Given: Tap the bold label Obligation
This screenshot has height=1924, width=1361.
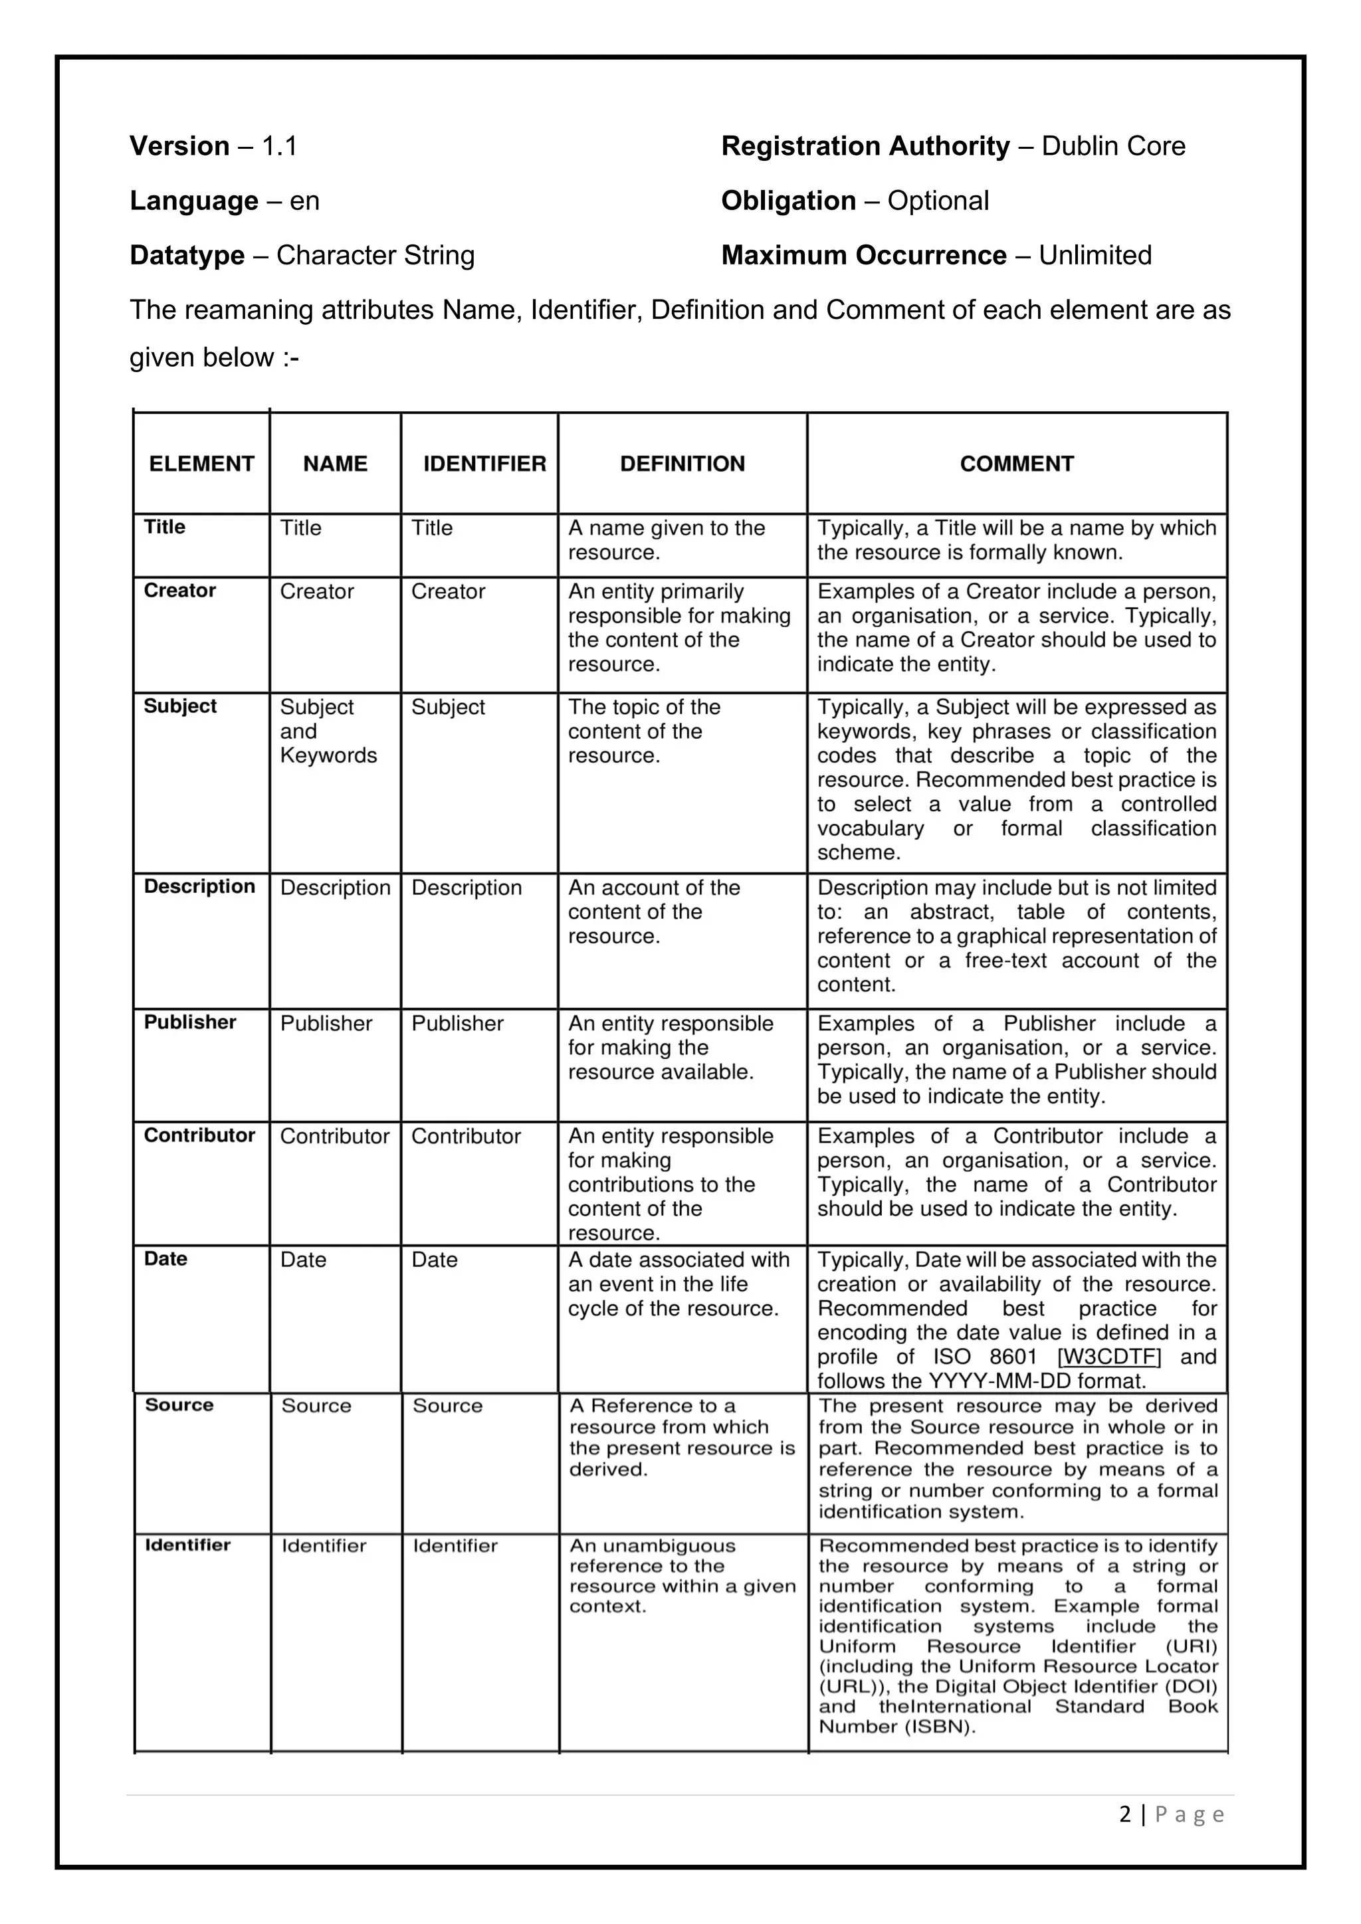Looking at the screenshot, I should [787, 201].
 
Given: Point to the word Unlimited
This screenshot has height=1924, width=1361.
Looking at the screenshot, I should [1095, 256].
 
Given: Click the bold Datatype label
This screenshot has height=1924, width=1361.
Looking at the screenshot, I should [187, 256].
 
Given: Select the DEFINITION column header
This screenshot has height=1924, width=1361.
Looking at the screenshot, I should [682, 464].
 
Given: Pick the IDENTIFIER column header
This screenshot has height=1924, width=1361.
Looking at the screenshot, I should [484, 464].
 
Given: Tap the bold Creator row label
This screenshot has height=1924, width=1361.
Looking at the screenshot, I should [179, 591].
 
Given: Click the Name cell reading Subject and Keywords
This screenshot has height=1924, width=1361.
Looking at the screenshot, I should [328, 731].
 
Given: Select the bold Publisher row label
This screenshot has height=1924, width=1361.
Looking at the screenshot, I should [189, 1022].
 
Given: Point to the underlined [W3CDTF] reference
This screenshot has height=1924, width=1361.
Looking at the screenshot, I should [1110, 1357].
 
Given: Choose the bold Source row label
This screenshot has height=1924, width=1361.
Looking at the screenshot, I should [179, 1405].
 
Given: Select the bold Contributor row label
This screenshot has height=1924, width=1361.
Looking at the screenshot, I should [199, 1135].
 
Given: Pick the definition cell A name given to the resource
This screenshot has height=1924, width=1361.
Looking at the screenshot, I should [667, 539].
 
